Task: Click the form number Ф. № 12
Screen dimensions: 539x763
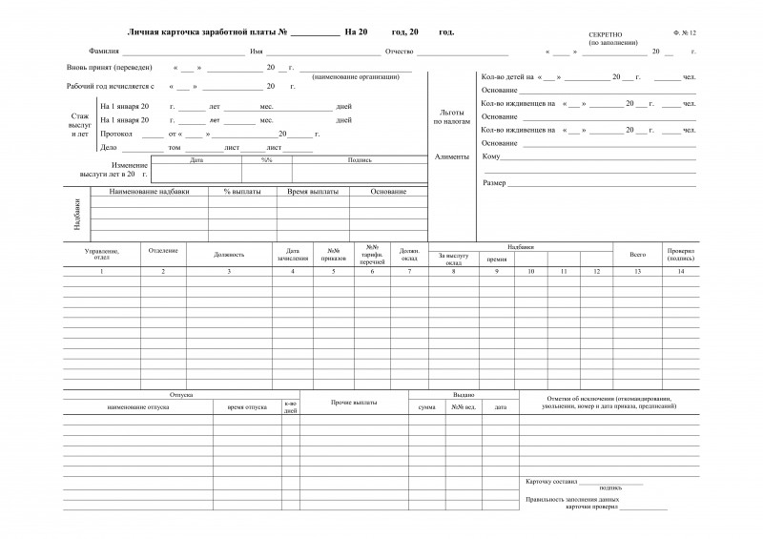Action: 684,33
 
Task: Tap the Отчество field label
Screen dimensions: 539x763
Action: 400,51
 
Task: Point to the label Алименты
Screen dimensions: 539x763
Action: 452,155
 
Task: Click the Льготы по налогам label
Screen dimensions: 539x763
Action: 452,116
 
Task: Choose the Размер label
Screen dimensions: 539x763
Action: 494,182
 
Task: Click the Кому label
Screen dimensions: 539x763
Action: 491,155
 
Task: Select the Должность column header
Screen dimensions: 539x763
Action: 229,255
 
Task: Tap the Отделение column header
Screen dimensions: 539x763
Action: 163,250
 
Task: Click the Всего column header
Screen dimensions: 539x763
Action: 638,255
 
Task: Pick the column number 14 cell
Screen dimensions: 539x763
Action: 681,272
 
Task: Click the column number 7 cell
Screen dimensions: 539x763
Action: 409,272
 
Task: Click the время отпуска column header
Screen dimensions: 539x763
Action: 247,406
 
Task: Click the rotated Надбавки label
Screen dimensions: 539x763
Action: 76,215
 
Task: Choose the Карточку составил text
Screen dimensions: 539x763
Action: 550,481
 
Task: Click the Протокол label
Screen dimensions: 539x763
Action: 116,135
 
